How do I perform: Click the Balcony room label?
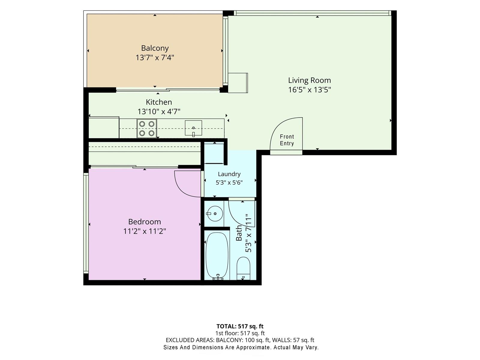155,48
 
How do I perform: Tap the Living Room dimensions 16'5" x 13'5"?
309,90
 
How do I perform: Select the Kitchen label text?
159,102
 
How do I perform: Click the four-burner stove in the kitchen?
147,128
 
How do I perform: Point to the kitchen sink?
193,128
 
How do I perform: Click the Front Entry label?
287,140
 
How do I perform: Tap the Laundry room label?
229,174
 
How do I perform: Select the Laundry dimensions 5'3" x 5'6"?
229,182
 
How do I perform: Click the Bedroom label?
145,222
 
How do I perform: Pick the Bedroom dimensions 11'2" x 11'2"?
145,231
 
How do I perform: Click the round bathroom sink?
215,214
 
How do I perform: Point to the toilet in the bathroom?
243,268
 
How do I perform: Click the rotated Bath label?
239,233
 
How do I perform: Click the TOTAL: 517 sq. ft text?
240,326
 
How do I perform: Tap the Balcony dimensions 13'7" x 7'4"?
155,58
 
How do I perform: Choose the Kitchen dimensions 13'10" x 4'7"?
159,112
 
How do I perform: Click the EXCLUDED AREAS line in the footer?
240,340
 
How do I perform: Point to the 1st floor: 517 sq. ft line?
240,333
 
